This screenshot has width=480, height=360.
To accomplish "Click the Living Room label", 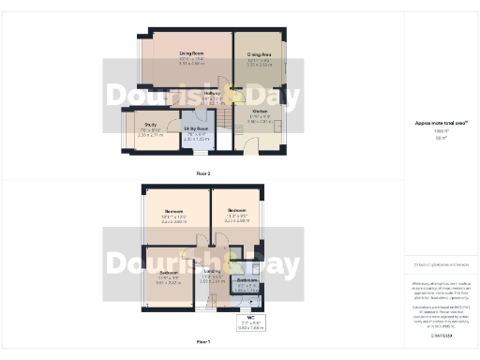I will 192,54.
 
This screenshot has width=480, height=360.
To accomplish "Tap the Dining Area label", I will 259,54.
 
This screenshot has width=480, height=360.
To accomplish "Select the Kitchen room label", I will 259,112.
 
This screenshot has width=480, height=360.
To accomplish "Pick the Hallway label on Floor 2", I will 213,93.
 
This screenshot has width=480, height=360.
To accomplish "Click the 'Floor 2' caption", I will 203,173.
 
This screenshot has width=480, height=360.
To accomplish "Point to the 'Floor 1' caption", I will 203,341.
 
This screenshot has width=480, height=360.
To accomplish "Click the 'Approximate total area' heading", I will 441,123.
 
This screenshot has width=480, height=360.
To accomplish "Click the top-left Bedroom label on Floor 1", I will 174,211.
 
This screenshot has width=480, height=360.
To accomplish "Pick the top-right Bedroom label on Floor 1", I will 236,210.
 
